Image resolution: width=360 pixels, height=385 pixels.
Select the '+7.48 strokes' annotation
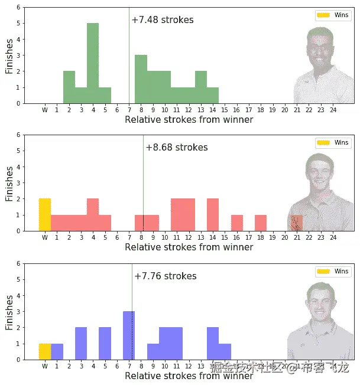163,20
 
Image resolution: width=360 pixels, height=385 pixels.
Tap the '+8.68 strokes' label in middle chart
177,148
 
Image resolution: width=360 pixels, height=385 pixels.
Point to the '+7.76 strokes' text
166,276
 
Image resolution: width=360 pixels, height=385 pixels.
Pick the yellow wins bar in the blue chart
45,351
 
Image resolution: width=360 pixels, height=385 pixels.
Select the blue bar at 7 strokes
129,335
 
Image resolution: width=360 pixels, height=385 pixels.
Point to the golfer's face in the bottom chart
322,301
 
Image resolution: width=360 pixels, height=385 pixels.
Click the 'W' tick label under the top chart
45,110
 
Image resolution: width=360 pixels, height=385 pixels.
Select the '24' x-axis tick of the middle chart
333,237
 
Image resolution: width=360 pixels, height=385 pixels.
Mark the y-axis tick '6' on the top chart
18,8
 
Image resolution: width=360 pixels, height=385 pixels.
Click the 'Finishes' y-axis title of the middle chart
9,183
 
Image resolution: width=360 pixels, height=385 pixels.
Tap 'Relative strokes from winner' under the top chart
189,120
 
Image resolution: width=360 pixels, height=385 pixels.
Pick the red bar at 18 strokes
261,223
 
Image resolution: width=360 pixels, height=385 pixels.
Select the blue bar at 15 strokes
225,351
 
